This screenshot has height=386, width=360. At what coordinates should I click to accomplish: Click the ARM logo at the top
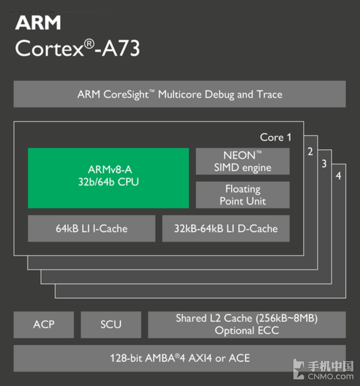pos(38,23)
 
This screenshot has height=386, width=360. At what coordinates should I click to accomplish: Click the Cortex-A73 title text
pos(77,49)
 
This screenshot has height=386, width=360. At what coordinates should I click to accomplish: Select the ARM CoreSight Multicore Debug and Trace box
pos(179,95)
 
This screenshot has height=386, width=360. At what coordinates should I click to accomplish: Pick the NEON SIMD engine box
pos(242,161)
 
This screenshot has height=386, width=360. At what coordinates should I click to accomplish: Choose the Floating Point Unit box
pos(242,195)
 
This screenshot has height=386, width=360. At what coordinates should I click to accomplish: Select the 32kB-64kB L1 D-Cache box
pos(226,228)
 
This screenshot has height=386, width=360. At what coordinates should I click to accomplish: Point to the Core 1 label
pos(275,137)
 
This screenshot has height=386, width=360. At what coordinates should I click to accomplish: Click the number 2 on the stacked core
pos(310,151)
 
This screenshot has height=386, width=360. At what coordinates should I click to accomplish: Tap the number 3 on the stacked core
pos(324,164)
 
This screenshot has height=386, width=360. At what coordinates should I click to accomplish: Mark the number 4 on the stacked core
pos(338,176)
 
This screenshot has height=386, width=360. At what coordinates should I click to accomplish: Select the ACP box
pos(44,324)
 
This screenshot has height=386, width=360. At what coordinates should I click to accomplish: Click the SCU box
pos(111,324)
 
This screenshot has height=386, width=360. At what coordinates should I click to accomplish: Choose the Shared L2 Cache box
pos(247,324)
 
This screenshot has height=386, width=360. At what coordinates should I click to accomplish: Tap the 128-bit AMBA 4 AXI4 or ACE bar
pos(179,358)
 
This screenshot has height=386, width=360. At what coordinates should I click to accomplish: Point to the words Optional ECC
pos(247,330)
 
